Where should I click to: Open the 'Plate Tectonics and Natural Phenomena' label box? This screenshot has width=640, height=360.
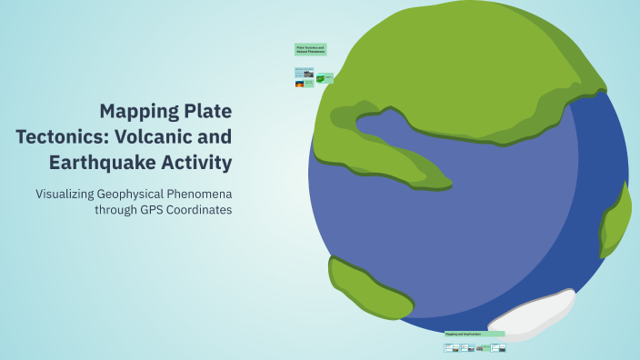point(310,50)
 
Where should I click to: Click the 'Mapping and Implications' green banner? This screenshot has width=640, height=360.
point(474,335)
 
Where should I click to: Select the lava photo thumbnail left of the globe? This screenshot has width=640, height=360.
point(299,84)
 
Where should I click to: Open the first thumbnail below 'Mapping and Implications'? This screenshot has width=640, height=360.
point(450,347)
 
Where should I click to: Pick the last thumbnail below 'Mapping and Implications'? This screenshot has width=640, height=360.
point(498,347)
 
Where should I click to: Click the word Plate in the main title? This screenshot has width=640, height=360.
point(205,112)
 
